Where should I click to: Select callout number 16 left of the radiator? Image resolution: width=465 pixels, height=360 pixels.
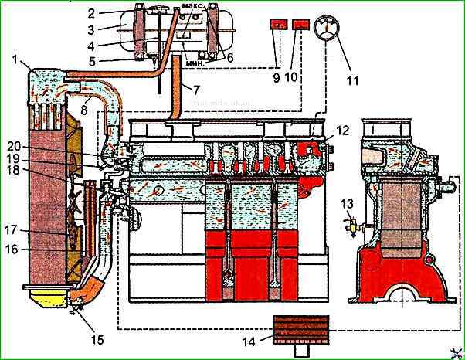coord(14,249)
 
